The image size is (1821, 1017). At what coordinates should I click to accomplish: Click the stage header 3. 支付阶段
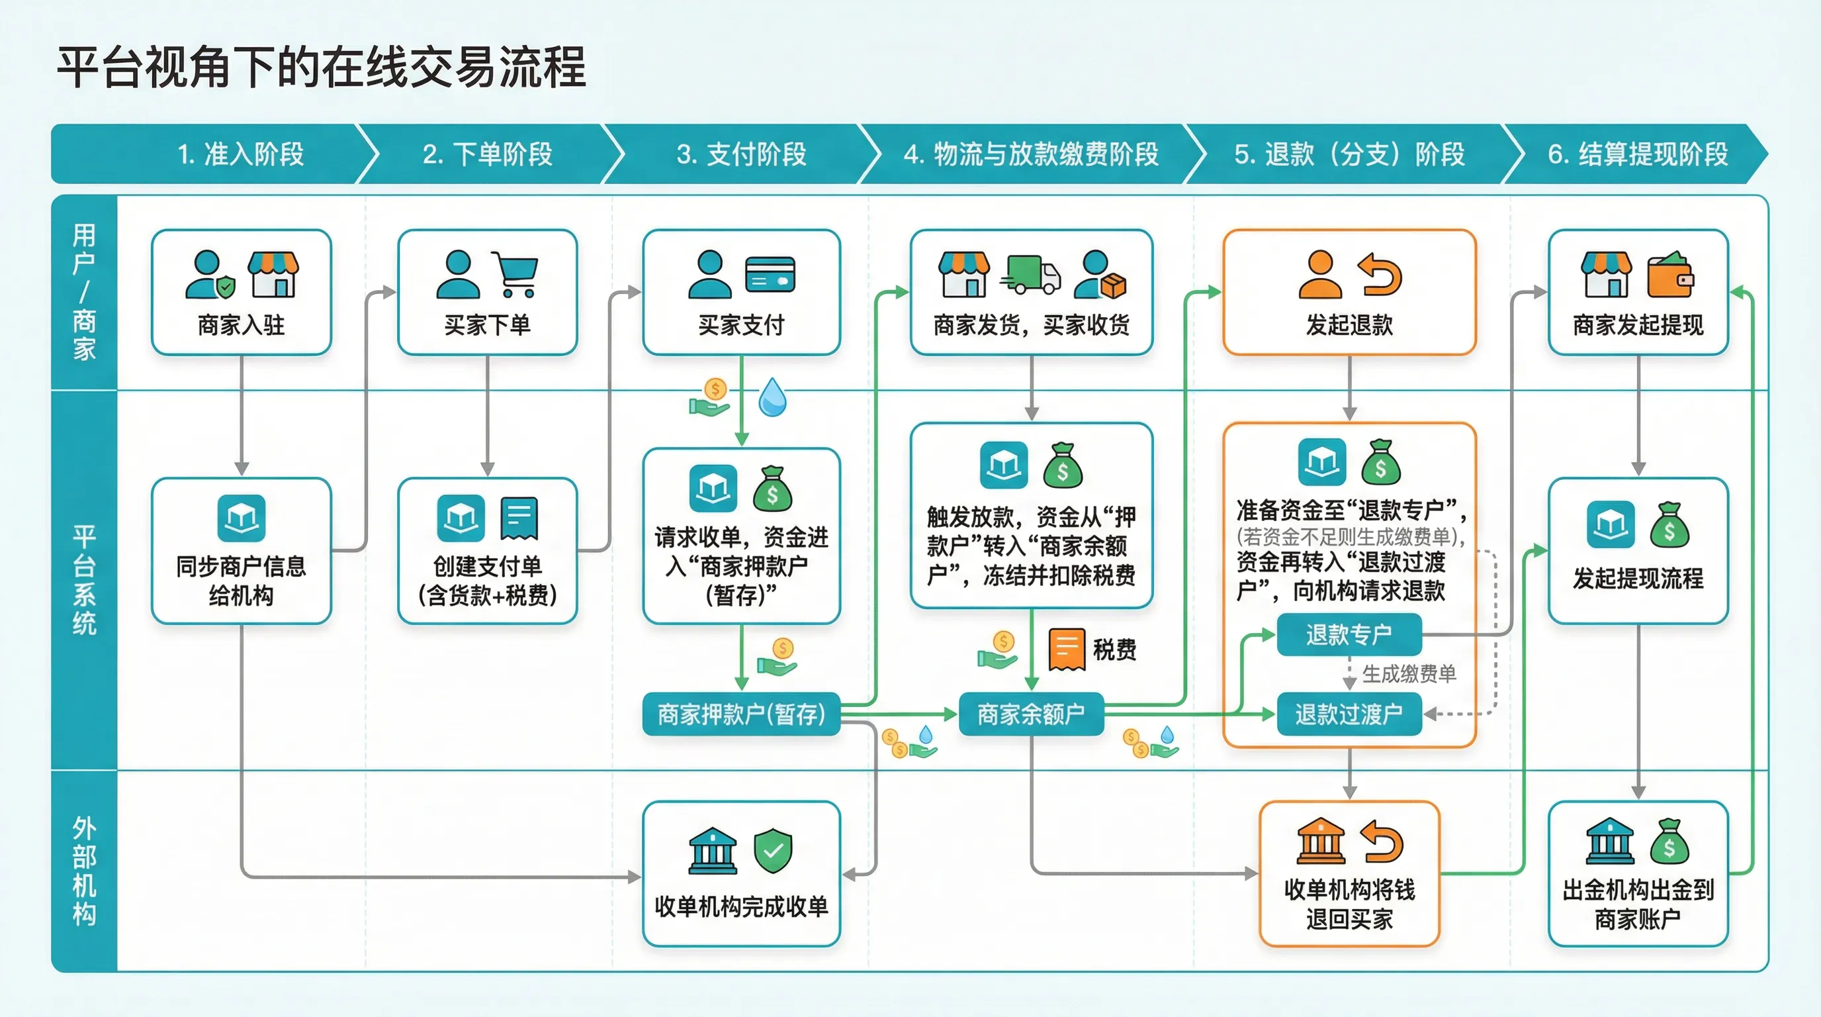[741, 154]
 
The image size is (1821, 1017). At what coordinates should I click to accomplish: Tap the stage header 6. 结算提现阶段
[1637, 154]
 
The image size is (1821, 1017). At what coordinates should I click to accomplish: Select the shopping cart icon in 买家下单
[516, 273]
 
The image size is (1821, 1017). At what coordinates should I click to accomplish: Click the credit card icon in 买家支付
[770, 274]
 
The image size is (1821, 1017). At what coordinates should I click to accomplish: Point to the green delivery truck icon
[1031, 274]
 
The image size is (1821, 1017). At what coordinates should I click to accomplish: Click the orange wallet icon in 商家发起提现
[1670, 274]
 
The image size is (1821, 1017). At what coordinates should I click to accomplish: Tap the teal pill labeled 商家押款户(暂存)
[741, 714]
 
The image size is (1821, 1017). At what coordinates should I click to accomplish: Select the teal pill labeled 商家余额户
[1031, 714]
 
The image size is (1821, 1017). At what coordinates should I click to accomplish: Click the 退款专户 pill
[1349, 634]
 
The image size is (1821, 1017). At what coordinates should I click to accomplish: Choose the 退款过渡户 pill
[1349, 714]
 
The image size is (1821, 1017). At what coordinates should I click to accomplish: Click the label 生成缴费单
[1409, 674]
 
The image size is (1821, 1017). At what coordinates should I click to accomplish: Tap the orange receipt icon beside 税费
[1067, 648]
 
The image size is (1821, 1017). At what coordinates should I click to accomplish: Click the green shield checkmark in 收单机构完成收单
[773, 850]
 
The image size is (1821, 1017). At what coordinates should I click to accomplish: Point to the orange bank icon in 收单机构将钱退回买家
[1321, 842]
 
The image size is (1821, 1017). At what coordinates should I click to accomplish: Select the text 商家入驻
[241, 325]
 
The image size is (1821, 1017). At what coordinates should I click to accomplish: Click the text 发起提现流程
[1637, 579]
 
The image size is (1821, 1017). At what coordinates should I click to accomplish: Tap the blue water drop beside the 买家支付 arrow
[772, 397]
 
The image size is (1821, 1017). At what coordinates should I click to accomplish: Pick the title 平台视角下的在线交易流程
[321, 68]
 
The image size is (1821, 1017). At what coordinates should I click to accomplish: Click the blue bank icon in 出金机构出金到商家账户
[1610, 842]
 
